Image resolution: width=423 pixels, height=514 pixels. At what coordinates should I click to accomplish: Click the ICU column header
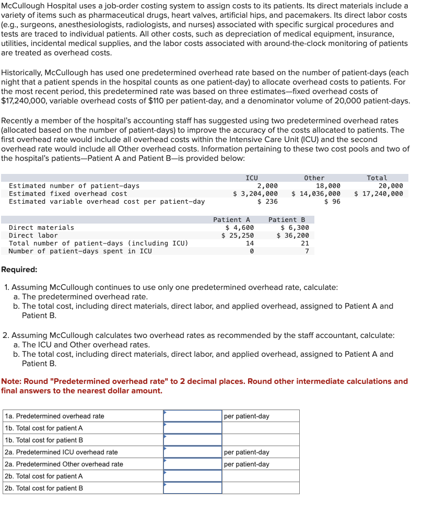pos(252,178)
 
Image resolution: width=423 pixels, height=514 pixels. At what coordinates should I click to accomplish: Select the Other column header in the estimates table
pos(314,178)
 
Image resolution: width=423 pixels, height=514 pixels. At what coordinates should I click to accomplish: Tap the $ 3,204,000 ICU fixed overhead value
pos(255,194)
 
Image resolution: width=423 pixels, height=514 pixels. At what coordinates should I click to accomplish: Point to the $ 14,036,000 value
pos(316,194)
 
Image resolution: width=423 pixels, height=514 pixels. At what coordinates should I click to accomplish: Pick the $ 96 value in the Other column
pos(332,202)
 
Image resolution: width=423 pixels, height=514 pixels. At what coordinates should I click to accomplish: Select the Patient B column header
pos(287,220)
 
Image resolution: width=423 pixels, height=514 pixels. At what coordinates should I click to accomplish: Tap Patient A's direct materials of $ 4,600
pos(239,228)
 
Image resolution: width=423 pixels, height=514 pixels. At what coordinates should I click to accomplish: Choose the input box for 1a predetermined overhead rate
pos(193,416)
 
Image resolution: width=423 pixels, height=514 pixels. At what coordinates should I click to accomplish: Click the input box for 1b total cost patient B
pos(193,440)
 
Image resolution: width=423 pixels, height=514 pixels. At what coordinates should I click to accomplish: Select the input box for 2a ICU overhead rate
pos(193,452)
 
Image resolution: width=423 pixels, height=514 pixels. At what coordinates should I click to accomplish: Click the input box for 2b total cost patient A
pos(193,476)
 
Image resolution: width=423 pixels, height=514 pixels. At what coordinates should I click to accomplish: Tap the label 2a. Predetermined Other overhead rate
pos(64,464)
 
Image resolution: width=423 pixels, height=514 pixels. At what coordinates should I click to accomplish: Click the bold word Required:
pos(19,270)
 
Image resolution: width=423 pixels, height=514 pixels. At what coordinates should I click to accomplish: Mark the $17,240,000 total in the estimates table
pos(379,194)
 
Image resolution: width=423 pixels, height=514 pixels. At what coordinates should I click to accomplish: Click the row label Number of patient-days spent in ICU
pos(80,251)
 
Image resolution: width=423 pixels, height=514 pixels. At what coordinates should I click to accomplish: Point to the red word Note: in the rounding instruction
pos(11,381)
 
